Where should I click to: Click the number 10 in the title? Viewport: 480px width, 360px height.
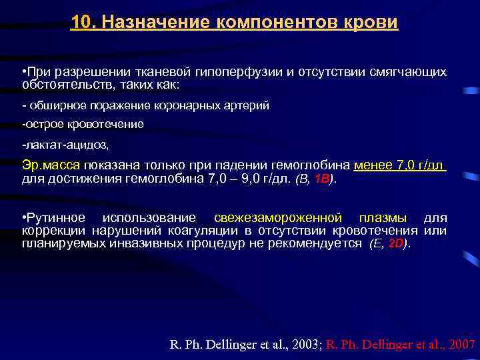click(81, 23)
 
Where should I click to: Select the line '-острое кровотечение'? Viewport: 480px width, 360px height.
click(83, 124)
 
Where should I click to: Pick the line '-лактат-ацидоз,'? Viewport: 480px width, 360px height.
click(65, 144)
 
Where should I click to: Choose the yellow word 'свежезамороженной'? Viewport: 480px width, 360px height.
click(278, 219)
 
